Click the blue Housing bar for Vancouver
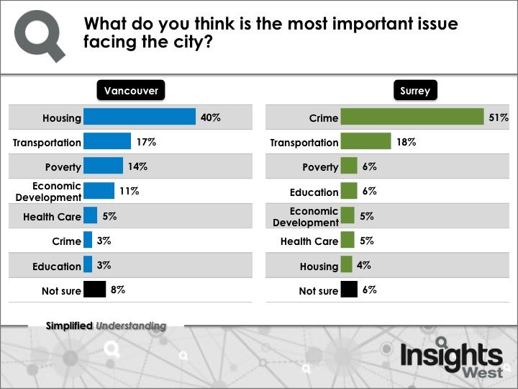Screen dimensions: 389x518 (x=140, y=117)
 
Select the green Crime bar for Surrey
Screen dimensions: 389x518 (x=412, y=117)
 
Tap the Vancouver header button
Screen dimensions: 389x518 (x=131, y=91)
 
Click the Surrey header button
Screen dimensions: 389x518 (x=415, y=91)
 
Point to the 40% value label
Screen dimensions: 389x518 (x=210, y=117)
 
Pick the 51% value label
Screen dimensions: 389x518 (x=499, y=117)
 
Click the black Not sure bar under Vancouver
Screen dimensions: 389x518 (x=94, y=290)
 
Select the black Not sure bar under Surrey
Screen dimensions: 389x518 (x=349, y=290)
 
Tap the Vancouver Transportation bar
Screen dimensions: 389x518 (x=107, y=142)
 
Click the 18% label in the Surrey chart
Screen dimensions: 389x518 (x=406, y=142)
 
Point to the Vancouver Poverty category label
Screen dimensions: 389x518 (x=63, y=167)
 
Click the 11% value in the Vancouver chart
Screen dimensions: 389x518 (x=129, y=192)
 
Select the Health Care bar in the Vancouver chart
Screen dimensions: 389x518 (x=90, y=216)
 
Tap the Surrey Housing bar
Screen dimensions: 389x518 (x=346, y=265)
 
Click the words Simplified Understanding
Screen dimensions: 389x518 (x=106, y=326)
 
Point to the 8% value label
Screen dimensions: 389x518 (x=118, y=290)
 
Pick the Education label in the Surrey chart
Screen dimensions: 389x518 (x=314, y=192)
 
